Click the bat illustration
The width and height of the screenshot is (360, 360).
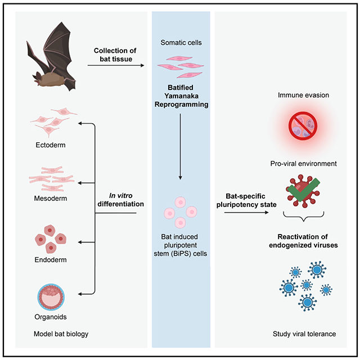point(53,61)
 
